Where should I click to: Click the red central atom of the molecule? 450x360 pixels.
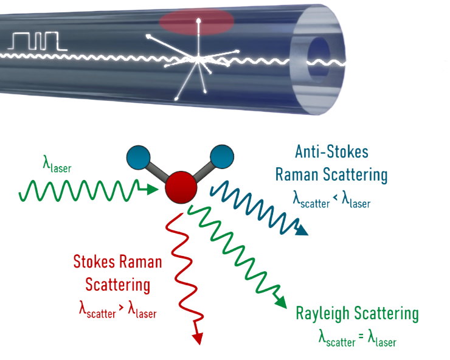[x=180, y=187]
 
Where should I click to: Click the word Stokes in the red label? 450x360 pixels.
[x=94, y=262]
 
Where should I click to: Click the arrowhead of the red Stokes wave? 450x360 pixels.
[x=197, y=336]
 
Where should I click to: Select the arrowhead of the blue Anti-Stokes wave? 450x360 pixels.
[x=302, y=230]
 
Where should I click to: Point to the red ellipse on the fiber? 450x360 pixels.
[x=196, y=21]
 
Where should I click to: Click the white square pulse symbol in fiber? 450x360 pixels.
[x=37, y=41]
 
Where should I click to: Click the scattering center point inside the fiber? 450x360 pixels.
[x=198, y=58]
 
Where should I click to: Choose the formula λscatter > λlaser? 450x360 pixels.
[x=117, y=310]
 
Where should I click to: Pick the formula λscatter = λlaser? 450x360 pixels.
[x=357, y=338]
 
